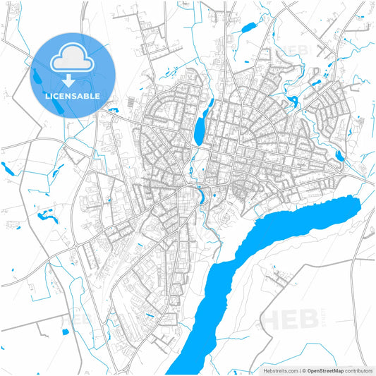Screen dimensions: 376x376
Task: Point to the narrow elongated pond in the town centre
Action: [200, 128]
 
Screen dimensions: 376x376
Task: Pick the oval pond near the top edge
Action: [248, 29]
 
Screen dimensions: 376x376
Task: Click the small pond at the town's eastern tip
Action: [339, 156]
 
